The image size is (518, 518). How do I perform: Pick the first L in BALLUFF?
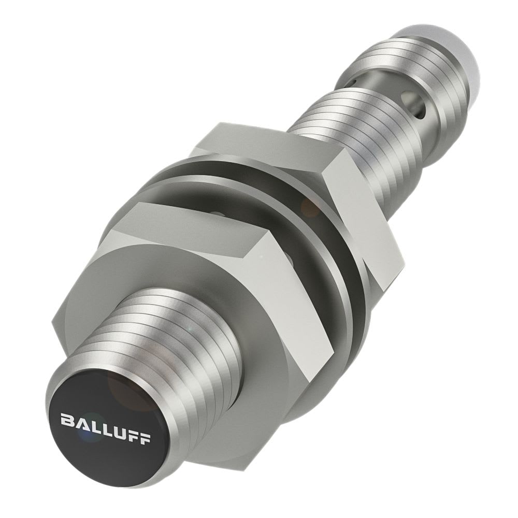click(92, 424)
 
